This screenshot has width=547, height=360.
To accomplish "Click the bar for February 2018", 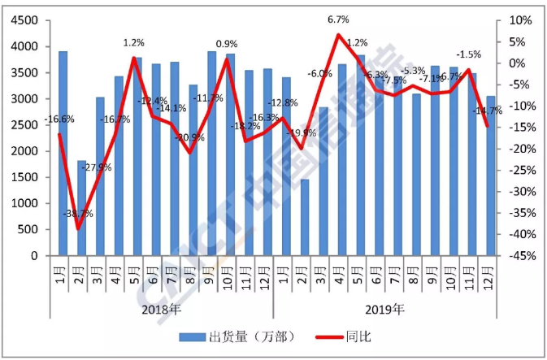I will point(81,208).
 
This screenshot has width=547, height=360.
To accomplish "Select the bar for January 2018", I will point(63,154).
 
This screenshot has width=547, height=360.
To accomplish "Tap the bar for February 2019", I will point(305,217).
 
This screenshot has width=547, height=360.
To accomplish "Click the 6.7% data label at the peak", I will point(339,19).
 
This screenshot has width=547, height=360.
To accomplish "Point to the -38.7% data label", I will point(77,215).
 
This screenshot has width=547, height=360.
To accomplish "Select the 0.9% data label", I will point(227,44).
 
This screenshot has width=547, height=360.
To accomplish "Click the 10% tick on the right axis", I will point(520,21).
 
